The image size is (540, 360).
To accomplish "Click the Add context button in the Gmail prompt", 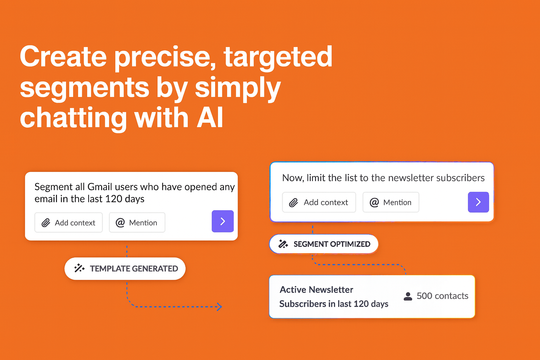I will pos(69,223).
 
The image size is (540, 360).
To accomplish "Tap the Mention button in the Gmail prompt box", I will pos(137,223).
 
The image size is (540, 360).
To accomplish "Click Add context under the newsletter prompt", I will pos(319,202).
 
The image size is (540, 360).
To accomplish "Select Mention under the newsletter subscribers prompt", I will pos(391,202).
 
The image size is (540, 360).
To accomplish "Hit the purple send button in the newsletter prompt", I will pos(478,202).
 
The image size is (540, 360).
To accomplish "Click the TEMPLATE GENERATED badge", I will pos(125,269).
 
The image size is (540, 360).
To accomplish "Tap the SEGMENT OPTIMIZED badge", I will pos(323,244).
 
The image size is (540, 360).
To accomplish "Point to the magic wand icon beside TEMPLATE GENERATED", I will pos(79,269).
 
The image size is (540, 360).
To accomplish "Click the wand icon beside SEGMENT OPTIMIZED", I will pos(283,244).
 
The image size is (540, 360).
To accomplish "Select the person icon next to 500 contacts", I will pos(408,296).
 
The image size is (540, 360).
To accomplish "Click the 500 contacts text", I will pos(442,296).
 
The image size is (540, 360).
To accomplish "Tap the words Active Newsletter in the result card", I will pos(316,290).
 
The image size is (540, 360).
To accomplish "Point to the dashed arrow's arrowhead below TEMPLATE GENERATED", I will pos(219,307).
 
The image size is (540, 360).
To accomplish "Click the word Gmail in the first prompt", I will pos(100,187).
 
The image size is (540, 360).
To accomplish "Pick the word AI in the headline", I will pos(210,118).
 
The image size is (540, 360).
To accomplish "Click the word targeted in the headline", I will pos(278,57).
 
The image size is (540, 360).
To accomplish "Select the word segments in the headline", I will pos(85,88).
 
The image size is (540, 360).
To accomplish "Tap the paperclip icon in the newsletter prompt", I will pos(294,202).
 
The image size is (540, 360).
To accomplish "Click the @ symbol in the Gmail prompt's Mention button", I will pos(120,223).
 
